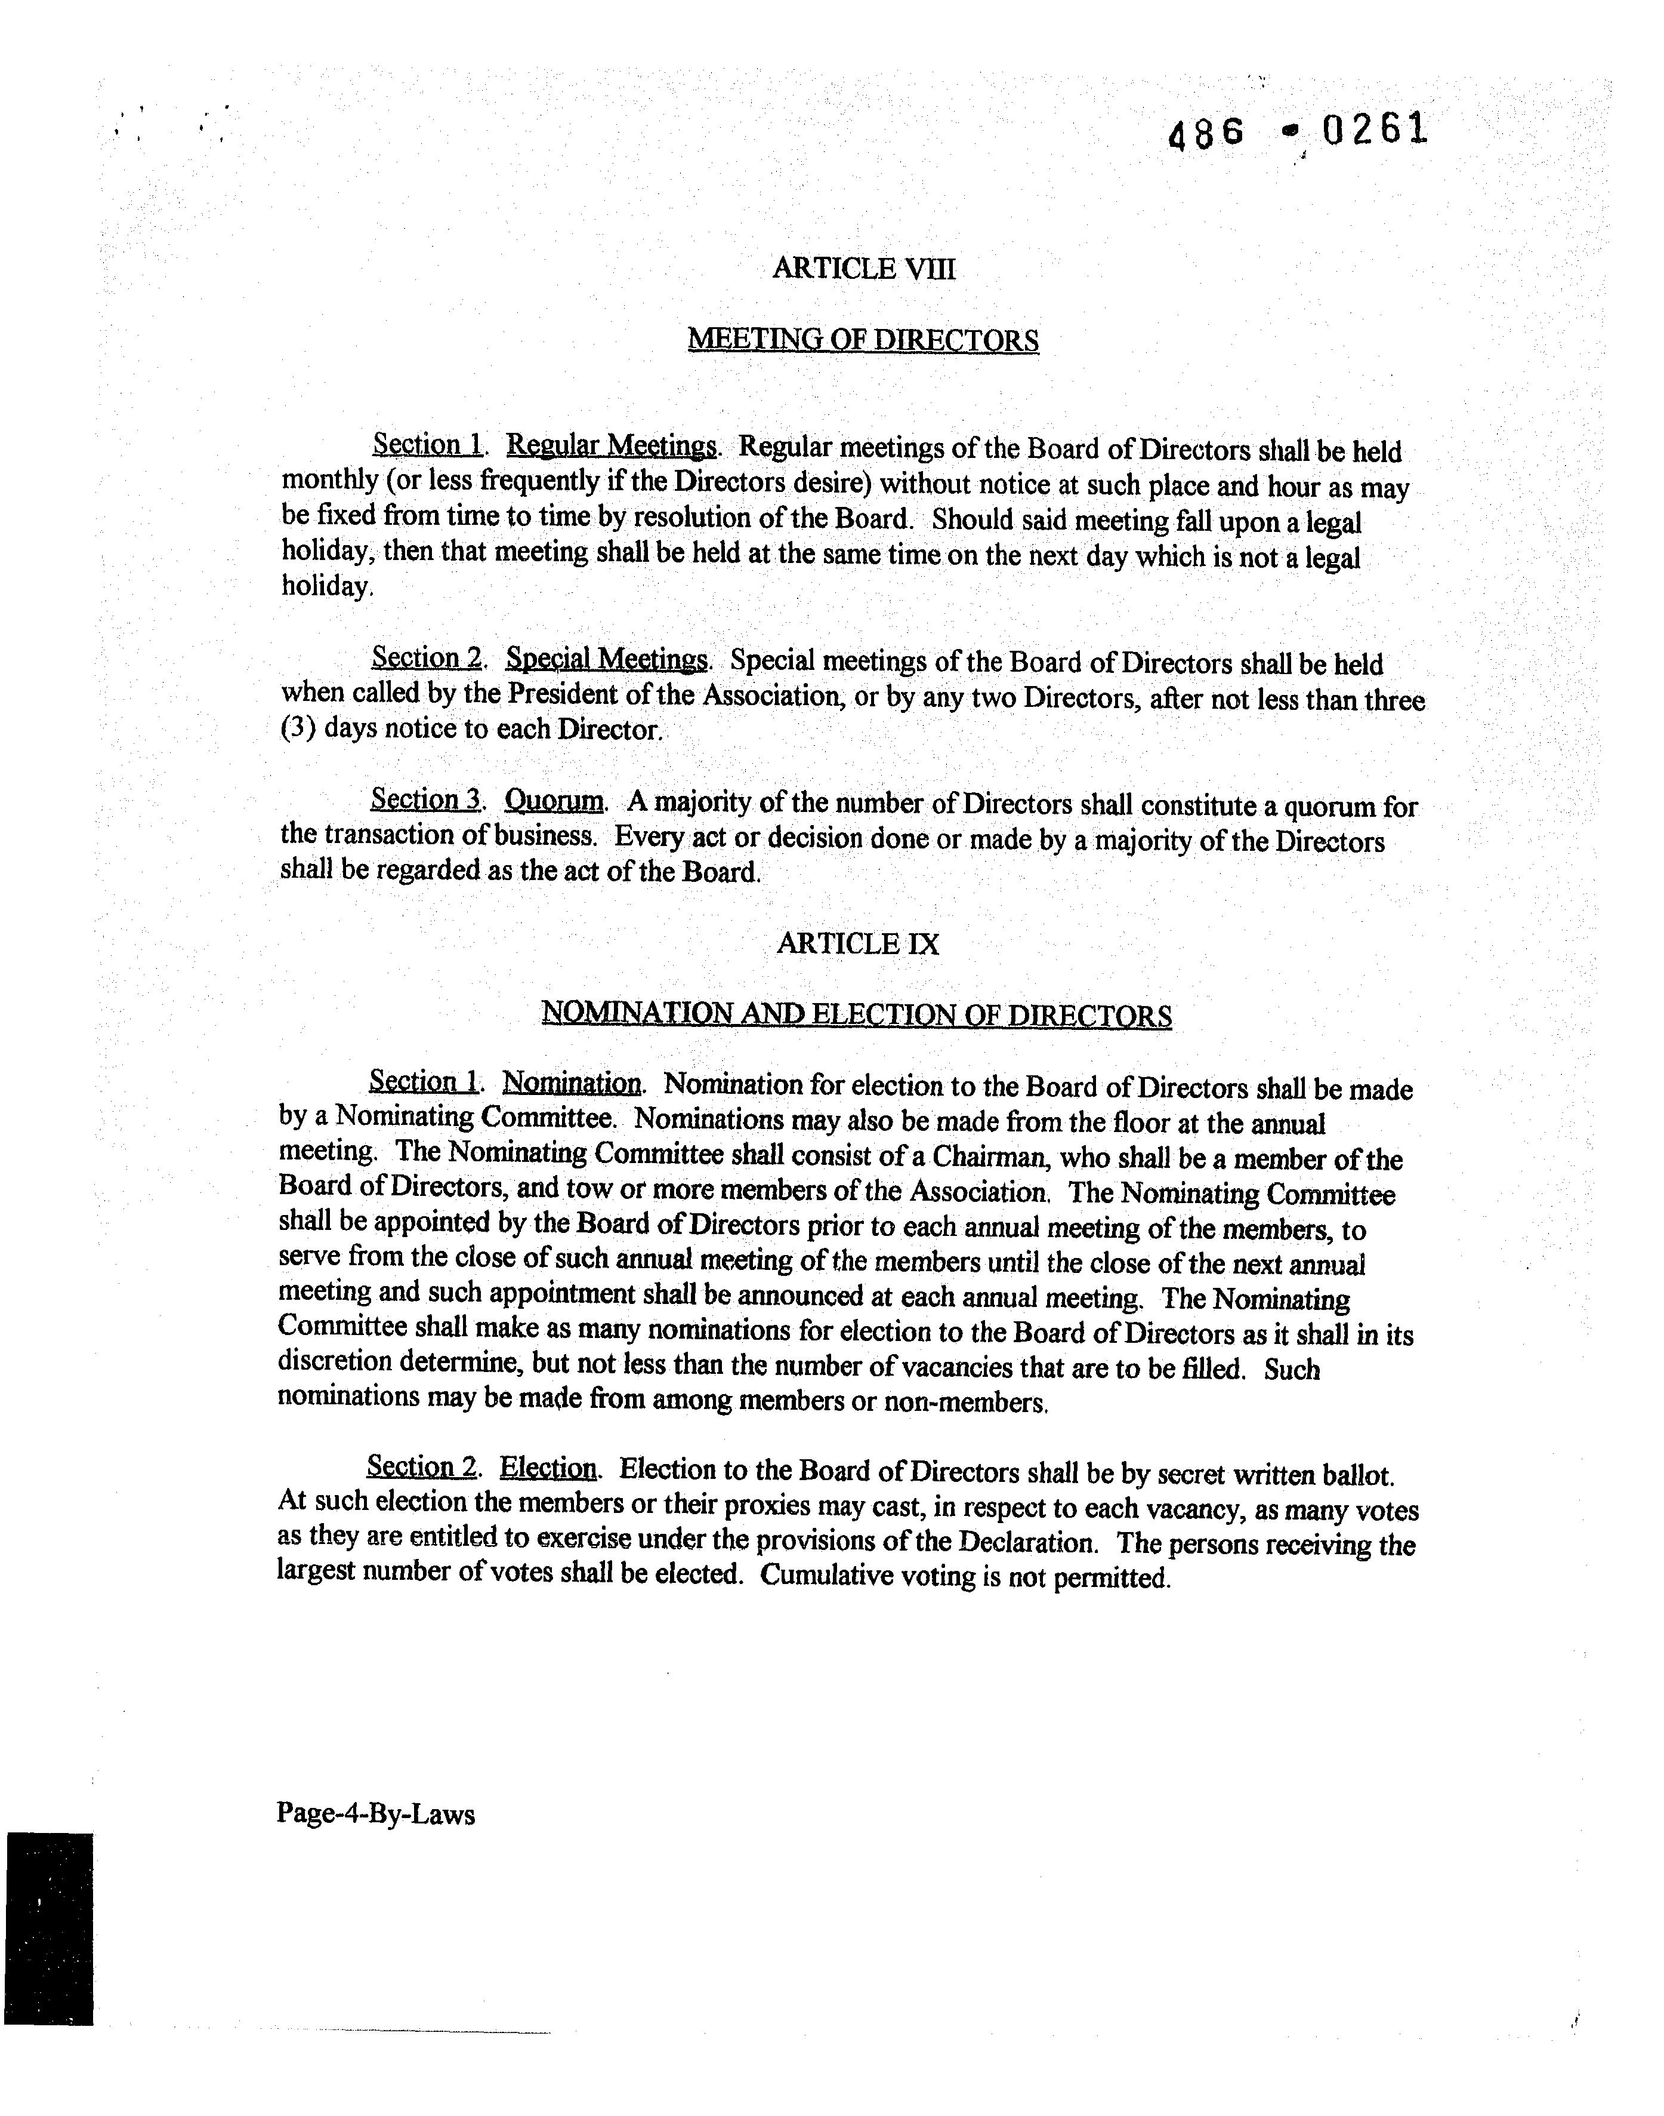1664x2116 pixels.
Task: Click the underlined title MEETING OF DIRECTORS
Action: (x=863, y=340)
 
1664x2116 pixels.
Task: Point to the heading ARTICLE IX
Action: (x=857, y=943)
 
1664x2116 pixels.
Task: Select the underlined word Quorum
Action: (x=553, y=801)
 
